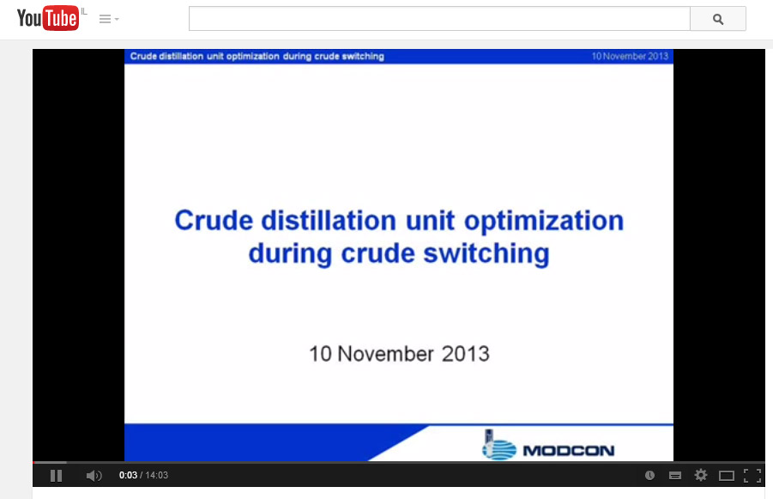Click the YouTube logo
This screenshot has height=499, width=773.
pos(47,18)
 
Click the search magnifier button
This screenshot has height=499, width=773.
pos(718,19)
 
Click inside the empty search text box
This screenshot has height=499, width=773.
pos(439,19)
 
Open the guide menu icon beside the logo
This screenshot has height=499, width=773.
pos(108,19)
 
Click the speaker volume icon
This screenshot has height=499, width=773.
pos(94,475)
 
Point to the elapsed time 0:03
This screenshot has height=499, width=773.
pos(128,475)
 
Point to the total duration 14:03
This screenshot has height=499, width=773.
pos(157,475)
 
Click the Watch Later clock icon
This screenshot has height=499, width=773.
pos(649,475)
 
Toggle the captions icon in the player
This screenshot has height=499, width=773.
pos(675,475)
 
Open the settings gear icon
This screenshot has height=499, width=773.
pos(701,475)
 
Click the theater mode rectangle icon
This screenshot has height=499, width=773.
pos(726,476)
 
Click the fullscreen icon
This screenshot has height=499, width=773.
pos(752,475)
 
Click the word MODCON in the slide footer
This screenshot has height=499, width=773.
pos(569,451)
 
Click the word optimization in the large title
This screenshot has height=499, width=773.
pos(544,221)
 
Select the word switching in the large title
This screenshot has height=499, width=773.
pos(486,253)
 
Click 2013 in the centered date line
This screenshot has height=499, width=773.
pos(465,354)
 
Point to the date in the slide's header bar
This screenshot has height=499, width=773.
pos(630,57)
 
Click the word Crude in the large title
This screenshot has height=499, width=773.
pos(214,220)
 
